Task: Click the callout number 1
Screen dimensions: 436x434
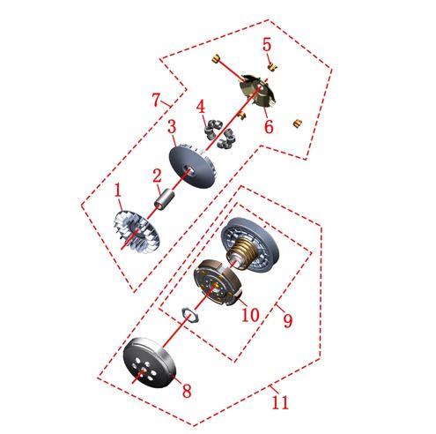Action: tap(118, 191)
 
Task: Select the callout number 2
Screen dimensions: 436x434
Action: tap(157, 176)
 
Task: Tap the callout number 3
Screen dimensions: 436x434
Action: tap(172, 127)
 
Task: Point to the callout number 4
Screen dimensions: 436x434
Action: tap(201, 107)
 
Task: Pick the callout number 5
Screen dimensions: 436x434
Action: tap(267, 45)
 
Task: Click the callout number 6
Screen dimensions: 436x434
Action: tap(269, 127)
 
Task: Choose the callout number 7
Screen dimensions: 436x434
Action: tap(157, 100)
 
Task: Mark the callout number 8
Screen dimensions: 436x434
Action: tap(187, 391)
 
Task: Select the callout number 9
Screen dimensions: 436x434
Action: tap(288, 320)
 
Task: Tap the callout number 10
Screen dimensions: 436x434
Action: tap(250, 315)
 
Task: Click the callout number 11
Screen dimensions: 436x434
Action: tap(280, 402)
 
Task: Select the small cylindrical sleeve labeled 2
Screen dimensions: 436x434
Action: tap(164, 199)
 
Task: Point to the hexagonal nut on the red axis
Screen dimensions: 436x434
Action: tap(189, 314)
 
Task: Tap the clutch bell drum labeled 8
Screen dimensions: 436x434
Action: tap(149, 363)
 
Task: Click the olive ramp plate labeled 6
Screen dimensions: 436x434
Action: tap(258, 90)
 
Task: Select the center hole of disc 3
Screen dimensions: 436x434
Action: tap(188, 169)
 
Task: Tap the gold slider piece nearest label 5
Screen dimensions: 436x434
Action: tap(272, 66)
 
